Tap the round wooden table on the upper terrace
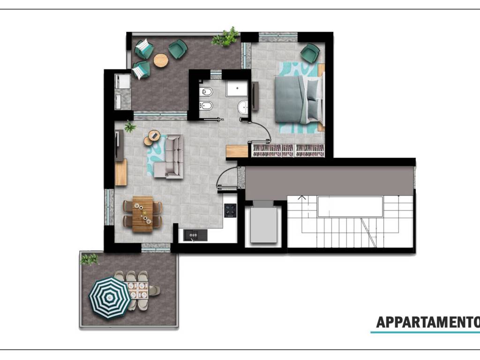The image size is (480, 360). pyautogui.click(x=161, y=60)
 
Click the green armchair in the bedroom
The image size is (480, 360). pyautogui.click(x=310, y=53)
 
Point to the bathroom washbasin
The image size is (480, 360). pyautogui.click(x=243, y=107)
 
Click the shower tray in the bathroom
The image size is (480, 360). pyautogui.click(x=237, y=89)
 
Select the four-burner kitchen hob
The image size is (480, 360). pyautogui.click(x=230, y=210)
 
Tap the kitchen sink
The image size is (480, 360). pyautogui.click(x=195, y=235)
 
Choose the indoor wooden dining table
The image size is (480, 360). pyautogui.click(x=142, y=214)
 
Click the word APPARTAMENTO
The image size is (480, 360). pyautogui.click(x=428, y=322)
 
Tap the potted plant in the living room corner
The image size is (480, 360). pyautogui.click(x=130, y=127)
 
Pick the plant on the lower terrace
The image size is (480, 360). pyautogui.click(x=89, y=259)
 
